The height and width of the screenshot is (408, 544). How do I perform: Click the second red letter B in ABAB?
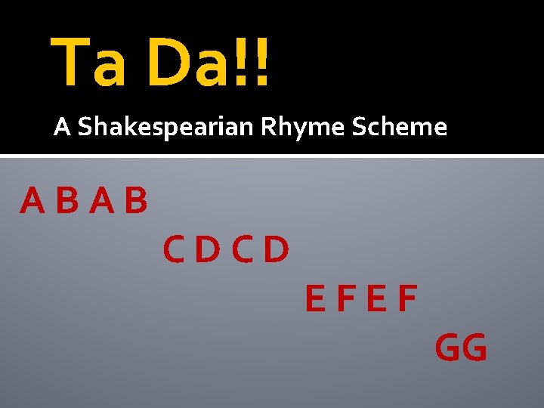point(136,200)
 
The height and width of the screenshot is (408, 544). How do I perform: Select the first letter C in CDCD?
point(175,249)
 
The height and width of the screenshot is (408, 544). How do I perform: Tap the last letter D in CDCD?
point(277,249)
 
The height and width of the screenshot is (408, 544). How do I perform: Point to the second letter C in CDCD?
point(243,249)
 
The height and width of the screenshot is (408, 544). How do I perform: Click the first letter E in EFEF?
point(316,299)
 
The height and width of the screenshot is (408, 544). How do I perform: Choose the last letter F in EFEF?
point(407,299)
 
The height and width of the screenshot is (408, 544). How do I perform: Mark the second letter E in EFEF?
point(376,299)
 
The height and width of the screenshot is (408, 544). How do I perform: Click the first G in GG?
point(448,348)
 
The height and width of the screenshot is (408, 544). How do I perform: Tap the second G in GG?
point(474,348)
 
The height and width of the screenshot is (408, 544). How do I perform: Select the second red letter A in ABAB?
point(102,200)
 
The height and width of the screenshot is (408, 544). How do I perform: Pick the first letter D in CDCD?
point(209,249)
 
